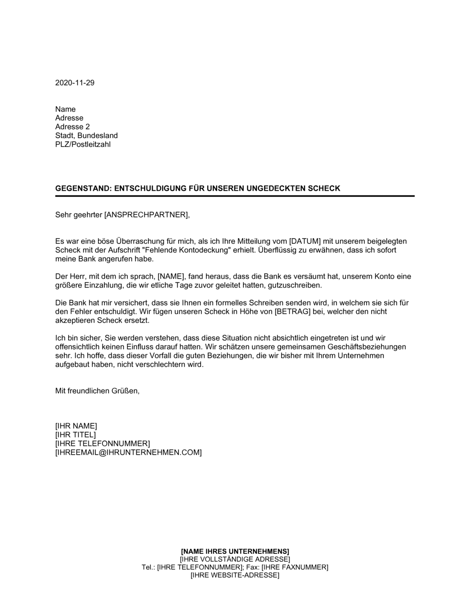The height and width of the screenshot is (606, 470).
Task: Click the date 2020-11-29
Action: coord(75,83)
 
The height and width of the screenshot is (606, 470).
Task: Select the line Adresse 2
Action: coord(72,127)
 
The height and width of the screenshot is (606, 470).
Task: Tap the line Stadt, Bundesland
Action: coord(86,136)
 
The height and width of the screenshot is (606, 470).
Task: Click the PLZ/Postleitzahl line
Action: coord(83,145)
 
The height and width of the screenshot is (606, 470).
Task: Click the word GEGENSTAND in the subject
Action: coord(82,188)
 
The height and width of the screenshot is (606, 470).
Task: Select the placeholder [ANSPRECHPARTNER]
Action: coord(146,215)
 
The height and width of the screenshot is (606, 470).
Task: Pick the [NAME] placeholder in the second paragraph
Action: coord(172,277)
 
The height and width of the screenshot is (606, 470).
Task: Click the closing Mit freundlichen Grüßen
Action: coord(97,391)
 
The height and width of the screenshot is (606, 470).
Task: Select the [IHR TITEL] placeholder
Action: coord(75,435)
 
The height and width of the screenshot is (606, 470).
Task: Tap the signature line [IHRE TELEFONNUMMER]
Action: coord(102,444)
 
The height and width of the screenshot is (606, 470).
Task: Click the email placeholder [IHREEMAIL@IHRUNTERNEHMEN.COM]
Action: coord(128,453)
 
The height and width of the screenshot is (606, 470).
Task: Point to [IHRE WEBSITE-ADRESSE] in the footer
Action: coord(235,575)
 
